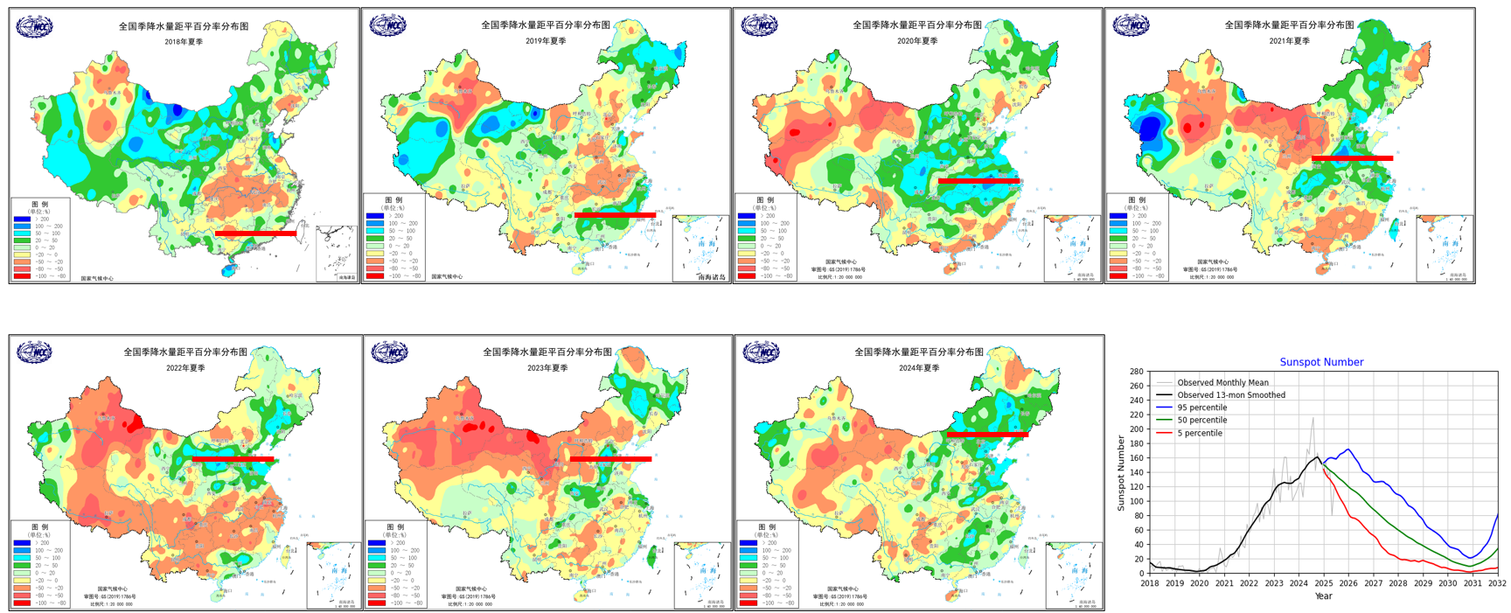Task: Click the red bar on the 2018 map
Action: click(255, 233)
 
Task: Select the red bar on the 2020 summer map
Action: click(978, 181)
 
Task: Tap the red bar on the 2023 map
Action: click(610, 458)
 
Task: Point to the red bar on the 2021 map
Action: click(1352, 158)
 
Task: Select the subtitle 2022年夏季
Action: click(185, 368)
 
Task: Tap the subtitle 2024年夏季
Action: click(919, 368)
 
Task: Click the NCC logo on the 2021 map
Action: click(1131, 25)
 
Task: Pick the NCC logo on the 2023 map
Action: click(389, 352)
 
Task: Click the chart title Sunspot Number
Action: click(1321, 362)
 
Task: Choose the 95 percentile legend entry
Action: click(1201, 408)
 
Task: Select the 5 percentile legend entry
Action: click(1199, 433)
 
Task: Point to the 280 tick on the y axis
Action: click(1136, 372)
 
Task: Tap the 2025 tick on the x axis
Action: click(1324, 583)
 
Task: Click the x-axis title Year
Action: click(1323, 596)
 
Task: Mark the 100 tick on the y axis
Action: click(1136, 502)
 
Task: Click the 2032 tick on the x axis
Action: click(1497, 583)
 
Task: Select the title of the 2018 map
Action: click(184, 27)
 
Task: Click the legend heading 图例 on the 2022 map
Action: click(40, 527)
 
